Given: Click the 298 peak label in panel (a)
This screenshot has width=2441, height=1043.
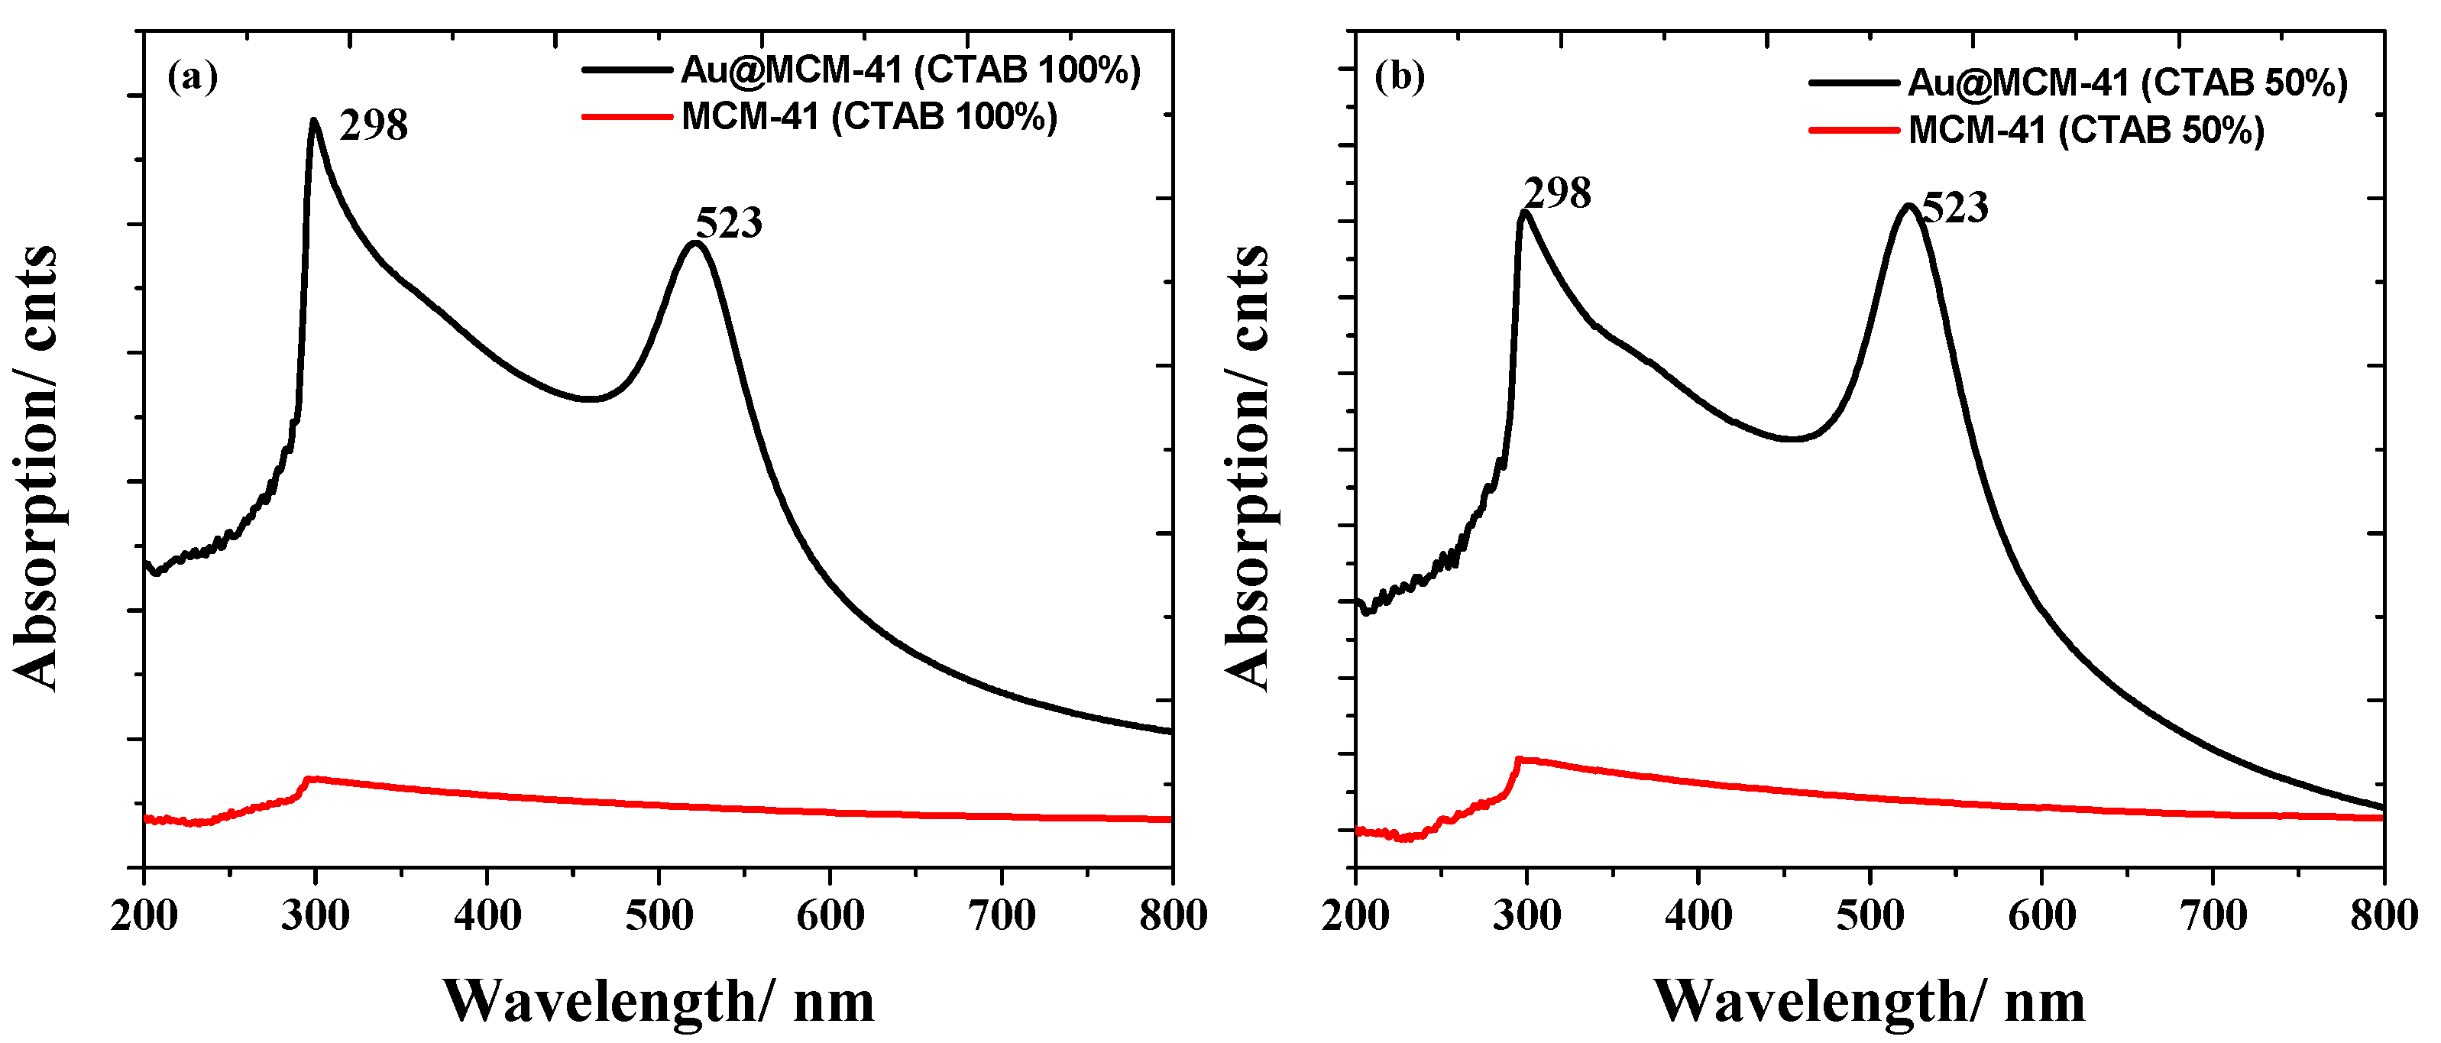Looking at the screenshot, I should (x=374, y=126).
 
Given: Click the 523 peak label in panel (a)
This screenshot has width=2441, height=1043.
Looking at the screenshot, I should (x=729, y=224).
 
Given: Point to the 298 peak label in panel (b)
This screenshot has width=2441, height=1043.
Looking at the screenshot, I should (x=1558, y=194).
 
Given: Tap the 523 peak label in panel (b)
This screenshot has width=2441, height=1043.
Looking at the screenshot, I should (x=1955, y=209).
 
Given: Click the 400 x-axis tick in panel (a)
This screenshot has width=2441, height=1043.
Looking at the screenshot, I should (x=487, y=916).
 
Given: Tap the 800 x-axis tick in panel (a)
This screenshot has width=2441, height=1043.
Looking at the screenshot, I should (x=1173, y=916).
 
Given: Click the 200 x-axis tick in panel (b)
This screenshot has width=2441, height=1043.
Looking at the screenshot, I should (x=1355, y=916).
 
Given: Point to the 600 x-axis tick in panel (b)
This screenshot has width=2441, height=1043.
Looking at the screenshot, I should (x=2041, y=916).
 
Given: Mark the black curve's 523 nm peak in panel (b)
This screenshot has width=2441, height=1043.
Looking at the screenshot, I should (x=1908, y=206).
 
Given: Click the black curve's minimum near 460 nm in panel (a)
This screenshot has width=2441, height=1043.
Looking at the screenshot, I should (x=589, y=399).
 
